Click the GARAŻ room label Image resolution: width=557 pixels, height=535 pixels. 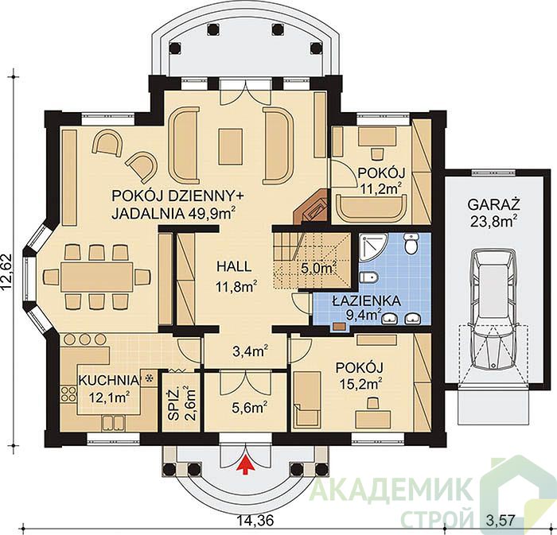tap(493, 205)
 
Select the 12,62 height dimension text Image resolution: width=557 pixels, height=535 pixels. tap(8, 273)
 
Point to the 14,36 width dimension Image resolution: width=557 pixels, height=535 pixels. tap(256, 521)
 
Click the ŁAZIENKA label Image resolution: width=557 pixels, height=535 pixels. tap(366, 300)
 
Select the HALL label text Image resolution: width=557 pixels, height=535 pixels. tap(234, 266)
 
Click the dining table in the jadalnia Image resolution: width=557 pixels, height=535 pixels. tap(96, 277)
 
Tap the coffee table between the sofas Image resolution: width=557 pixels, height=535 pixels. tap(231, 146)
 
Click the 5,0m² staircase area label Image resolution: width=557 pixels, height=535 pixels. tap(319, 268)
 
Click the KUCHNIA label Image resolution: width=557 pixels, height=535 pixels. tap(107, 380)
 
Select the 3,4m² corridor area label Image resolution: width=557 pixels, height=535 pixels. tap(250, 351)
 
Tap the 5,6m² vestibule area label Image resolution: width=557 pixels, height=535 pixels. tap(250, 408)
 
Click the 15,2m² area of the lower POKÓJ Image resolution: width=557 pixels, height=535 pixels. tap(361, 384)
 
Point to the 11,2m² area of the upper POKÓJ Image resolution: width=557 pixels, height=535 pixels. tap(381, 188)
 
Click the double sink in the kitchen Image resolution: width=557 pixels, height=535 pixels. tap(113, 422)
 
